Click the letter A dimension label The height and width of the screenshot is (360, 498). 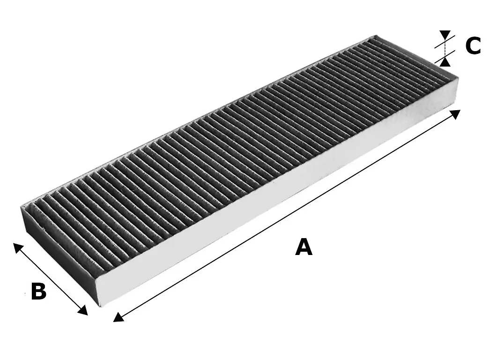point(304,247)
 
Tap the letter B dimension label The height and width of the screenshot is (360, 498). point(38,291)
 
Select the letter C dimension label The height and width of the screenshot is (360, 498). point(473,46)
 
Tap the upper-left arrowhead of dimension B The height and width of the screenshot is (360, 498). point(17,247)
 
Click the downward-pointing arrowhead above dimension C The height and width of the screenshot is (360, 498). point(445,35)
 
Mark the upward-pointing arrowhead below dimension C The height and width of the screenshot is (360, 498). point(445,61)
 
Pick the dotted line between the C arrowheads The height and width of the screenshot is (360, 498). point(445,48)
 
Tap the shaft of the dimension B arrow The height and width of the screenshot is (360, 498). point(51,279)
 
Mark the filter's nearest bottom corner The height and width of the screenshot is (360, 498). point(99,306)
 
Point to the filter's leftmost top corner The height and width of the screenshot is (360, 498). point(22,206)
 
